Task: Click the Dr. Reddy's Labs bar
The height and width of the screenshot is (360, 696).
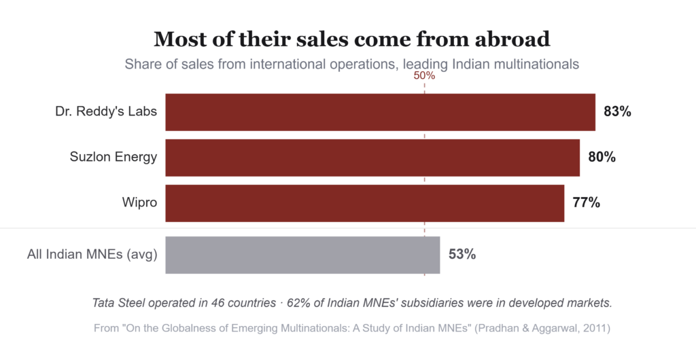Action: [x=381, y=112]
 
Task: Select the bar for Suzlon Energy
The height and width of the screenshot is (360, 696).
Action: [x=372, y=158]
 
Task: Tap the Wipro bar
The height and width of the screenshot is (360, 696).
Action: [x=365, y=203]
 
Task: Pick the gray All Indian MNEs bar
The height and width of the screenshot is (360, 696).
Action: [x=302, y=255]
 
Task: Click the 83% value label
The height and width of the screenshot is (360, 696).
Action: [x=617, y=111]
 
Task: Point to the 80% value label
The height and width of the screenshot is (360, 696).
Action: [x=602, y=157]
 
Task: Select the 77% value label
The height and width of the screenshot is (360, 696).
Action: [x=587, y=202]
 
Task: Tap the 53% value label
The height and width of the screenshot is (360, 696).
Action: [x=462, y=255]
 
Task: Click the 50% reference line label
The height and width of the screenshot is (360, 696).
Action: [x=424, y=76]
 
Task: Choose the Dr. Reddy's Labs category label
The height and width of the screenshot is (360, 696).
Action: [x=106, y=111]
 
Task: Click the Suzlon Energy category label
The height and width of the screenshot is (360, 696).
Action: [x=114, y=157]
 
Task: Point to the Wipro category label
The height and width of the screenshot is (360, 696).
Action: [x=139, y=202]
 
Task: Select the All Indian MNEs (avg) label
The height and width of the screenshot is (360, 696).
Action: [x=92, y=255]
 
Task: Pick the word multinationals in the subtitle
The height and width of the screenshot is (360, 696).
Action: [x=536, y=65]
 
